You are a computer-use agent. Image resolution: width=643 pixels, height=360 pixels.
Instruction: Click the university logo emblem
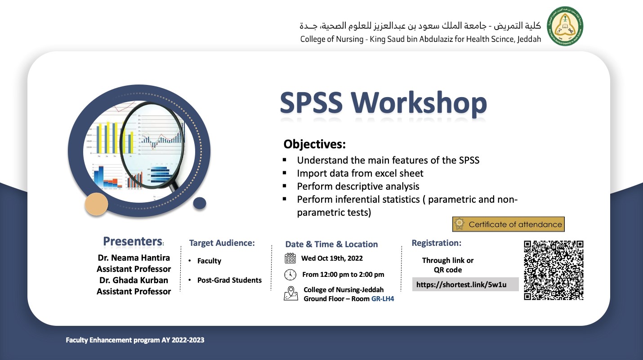[565, 26]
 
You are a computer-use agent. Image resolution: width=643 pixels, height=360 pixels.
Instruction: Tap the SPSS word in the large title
[311, 102]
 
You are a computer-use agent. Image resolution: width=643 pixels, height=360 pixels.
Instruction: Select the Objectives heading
[315, 144]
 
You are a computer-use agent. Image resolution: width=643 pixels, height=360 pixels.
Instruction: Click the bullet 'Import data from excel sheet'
[360, 173]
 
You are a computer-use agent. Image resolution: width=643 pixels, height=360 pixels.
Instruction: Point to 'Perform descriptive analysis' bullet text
[358, 187]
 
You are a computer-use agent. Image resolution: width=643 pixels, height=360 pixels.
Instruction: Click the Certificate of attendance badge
[509, 224]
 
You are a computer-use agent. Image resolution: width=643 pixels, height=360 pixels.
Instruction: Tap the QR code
[554, 270]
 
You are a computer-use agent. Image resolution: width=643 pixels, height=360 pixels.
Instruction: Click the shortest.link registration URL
[461, 284]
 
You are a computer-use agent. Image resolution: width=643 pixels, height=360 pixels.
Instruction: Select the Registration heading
[436, 243]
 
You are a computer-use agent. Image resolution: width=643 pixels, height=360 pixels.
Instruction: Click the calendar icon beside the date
[290, 258]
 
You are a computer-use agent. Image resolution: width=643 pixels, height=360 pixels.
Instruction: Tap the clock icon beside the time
[290, 275]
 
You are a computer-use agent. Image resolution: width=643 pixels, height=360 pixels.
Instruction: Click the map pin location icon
[291, 293]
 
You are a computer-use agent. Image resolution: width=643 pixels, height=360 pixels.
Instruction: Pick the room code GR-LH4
[383, 298]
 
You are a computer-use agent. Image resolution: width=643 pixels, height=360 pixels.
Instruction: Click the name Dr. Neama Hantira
[134, 258]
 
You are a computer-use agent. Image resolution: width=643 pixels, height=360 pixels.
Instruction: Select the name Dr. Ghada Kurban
[134, 280]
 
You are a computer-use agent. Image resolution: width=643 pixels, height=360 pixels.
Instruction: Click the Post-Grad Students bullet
[229, 280]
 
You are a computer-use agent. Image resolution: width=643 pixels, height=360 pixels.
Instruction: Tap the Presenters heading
[133, 241]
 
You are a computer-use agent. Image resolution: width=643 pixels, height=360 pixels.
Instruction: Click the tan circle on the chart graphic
[96, 204]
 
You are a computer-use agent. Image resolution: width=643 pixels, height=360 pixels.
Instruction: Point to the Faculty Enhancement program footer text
[135, 340]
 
